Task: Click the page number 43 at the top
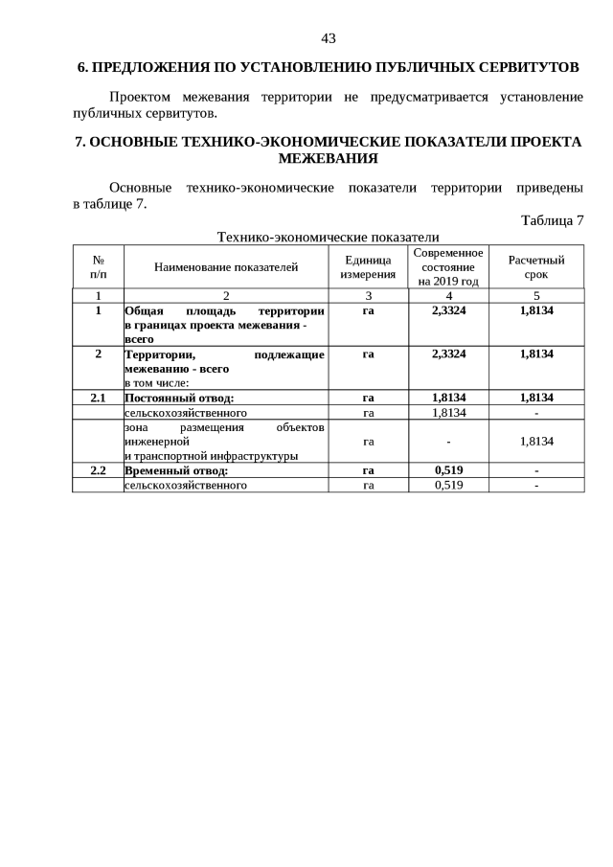tap(328, 38)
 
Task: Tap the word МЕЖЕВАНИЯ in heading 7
tap(328, 158)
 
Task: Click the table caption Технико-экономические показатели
tap(328, 237)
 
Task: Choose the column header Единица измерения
tap(368, 267)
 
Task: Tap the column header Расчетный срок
tap(536, 267)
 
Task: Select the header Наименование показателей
tap(226, 267)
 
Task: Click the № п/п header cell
tap(98, 267)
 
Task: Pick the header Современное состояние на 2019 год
tap(448, 267)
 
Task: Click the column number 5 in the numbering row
tap(536, 296)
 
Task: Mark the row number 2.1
tap(98, 398)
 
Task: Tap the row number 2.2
tap(98, 470)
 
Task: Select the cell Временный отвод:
tap(176, 470)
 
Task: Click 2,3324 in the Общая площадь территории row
tap(448, 311)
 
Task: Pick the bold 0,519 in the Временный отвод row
tap(448, 470)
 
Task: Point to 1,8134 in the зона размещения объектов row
tap(536, 441)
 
